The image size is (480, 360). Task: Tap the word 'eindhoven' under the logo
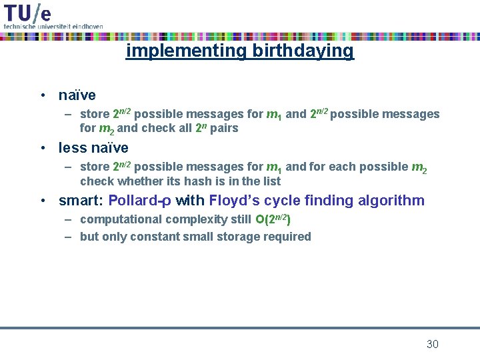87,26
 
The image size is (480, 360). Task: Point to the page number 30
432,344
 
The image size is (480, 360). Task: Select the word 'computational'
121,219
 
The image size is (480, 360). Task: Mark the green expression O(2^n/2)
273,219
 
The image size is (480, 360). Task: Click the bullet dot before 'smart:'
42,201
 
